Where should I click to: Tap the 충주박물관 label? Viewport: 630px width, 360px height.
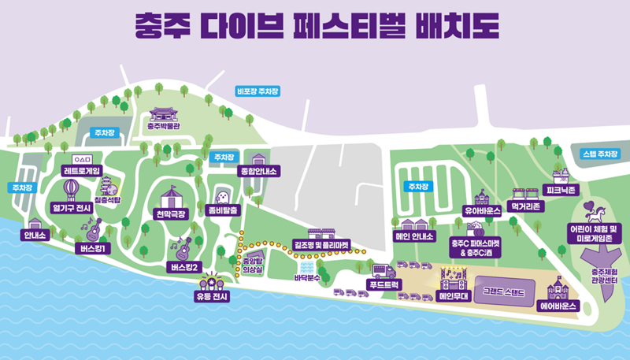pyautogui.click(x=165, y=124)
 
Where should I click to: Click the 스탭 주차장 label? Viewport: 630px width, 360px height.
pyautogui.click(x=598, y=154)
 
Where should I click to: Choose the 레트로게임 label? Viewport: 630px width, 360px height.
pyautogui.click(x=82, y=169)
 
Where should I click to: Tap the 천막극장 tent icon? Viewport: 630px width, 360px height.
pyautogui.click(x=172, y=196)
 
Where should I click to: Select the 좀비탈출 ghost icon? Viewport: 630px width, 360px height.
pyautogui.click(x=224, y=196)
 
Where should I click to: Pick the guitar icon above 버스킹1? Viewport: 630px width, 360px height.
pyautogui.click(x=92, y=230)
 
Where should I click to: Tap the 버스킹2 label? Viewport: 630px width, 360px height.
pyautogui.click(x=186, y=267)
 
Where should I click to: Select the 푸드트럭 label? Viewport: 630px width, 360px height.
pyautogui.click(x=386, y=284)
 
